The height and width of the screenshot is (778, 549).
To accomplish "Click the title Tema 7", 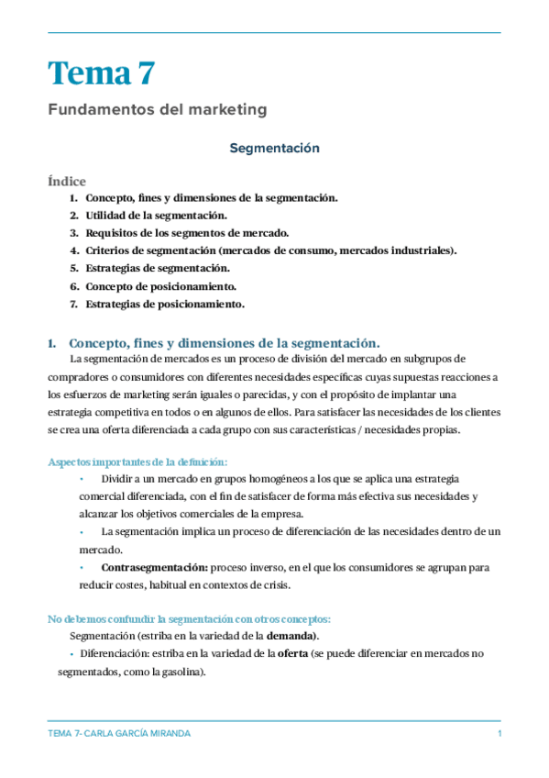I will tap(102, 72).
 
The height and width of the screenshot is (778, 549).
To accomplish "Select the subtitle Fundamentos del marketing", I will tap(157, 110).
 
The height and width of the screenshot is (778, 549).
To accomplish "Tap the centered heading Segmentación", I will tap(274, 147).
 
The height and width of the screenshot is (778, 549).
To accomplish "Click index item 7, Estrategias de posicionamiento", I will tap(165, 304).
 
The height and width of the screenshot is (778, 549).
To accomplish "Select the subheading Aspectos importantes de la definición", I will tap(137, 461).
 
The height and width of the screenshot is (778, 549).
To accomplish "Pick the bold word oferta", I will tap(293, 653).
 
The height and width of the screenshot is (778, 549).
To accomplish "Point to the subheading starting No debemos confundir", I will tap(189, 618).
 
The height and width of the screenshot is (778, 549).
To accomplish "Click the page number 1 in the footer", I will tap(499, 735).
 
